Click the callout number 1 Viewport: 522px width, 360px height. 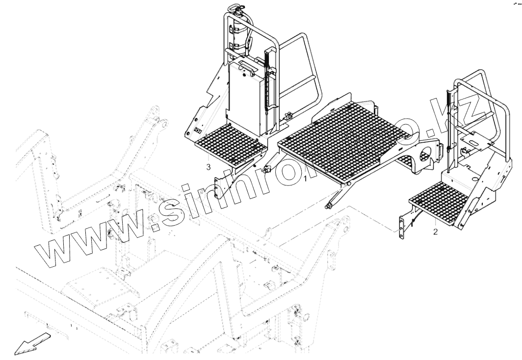coord(306,179)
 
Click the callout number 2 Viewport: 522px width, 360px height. coord(435,231)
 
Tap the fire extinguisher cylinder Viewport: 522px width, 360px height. coord(240,34)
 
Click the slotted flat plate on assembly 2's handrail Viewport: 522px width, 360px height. coord(476,141)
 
